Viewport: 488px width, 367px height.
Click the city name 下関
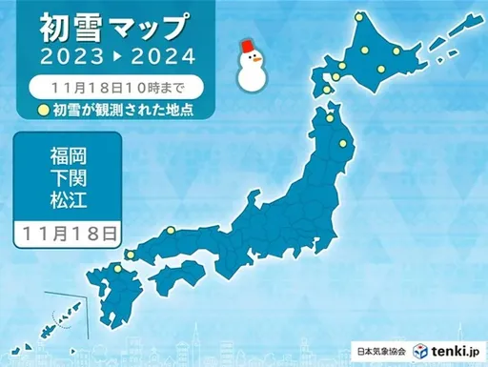click(x=68, y=178)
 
